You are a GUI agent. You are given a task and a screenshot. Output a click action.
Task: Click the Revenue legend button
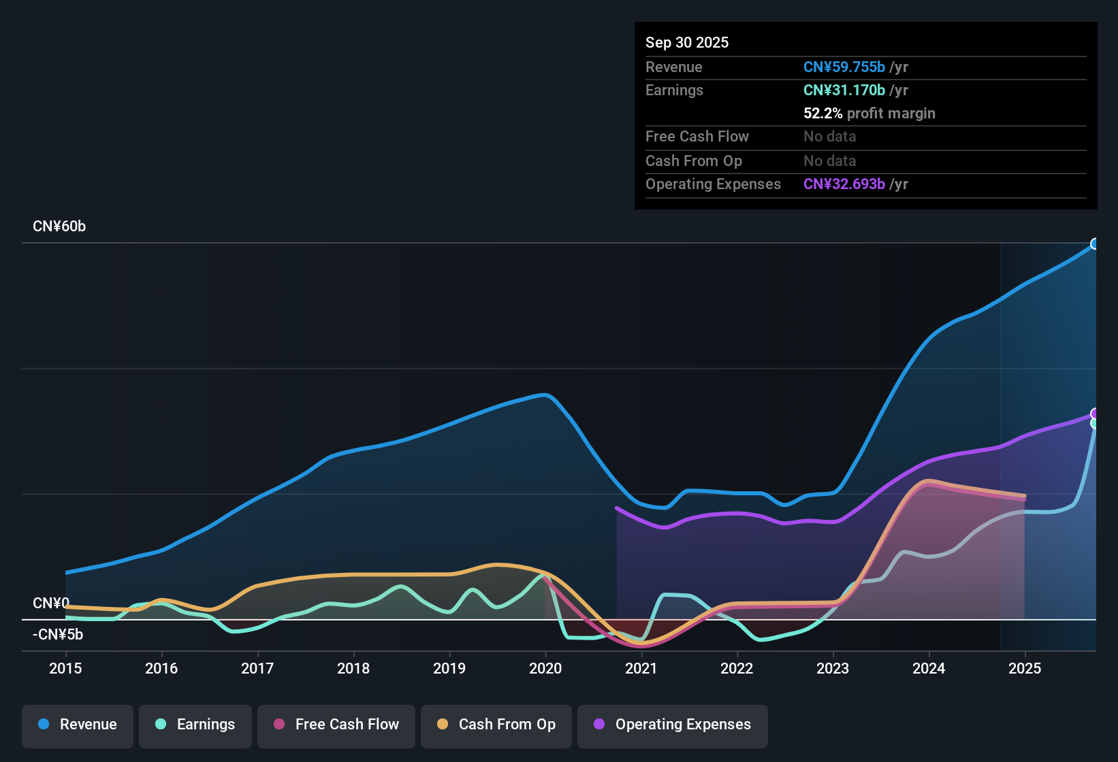(78, 725)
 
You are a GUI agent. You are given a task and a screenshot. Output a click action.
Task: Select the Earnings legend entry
(195, 725)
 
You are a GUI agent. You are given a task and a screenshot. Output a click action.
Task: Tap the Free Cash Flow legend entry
(336, 725)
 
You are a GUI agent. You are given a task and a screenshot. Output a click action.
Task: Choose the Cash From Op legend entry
(496, 725)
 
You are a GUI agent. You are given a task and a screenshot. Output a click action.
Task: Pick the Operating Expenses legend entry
(673, 725)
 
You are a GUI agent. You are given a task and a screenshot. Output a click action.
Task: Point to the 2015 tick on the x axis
(65, 668)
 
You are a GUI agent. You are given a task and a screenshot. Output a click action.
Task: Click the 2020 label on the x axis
(545, 668)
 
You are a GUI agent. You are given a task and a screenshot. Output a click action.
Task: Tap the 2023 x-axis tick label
(833, 668)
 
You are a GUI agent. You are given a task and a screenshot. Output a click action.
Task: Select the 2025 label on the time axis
(1025, 668)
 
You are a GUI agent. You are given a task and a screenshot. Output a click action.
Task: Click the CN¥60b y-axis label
(59, 227)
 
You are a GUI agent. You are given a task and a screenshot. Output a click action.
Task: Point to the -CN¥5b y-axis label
(58, 635)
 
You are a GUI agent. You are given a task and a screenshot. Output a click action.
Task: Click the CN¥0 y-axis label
(51, 603)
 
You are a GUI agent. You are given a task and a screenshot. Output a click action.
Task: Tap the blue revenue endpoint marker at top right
(1095, 244)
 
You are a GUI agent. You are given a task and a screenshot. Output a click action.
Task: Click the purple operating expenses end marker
(1095, 414)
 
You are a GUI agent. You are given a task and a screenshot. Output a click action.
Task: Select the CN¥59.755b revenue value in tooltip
(844, 67)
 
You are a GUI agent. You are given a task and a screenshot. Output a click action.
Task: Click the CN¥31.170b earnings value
(844, 90)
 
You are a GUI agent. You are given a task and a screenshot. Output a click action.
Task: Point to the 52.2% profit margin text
(869, 113)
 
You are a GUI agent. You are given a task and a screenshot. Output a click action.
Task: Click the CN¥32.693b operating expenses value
(844, 184)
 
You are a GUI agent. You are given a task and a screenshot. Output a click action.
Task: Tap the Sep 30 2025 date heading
(687, 42)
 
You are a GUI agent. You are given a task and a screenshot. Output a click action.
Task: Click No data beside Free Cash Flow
(830, 136)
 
